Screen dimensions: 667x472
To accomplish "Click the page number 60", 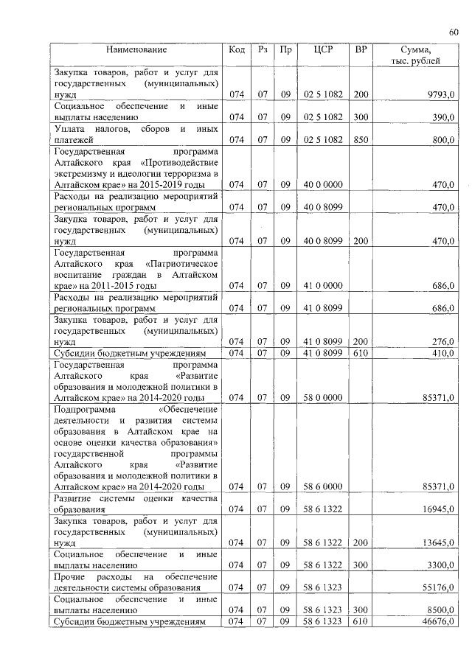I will (454, 31).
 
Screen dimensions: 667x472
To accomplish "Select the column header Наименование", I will (136, 50).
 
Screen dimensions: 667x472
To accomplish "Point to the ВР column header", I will (361, 50).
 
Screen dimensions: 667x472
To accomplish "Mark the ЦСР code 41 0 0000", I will (323, 284).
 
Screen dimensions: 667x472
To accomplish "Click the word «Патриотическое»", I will (181, 262).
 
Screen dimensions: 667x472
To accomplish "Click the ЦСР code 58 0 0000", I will (323, 397).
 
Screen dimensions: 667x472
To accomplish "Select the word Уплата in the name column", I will (71, 128).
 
